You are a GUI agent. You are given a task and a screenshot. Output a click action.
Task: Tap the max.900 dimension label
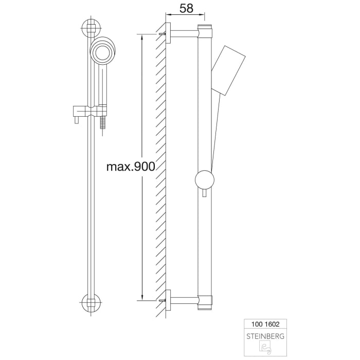coord(130,167)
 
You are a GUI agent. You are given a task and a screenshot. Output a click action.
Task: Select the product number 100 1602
coord(265,325)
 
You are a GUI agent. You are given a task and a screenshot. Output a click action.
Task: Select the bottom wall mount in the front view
coord(92,303)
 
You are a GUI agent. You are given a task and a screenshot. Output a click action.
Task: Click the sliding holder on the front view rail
coord(91,111)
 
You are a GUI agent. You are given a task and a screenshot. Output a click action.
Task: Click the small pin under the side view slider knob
coord(205,194)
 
